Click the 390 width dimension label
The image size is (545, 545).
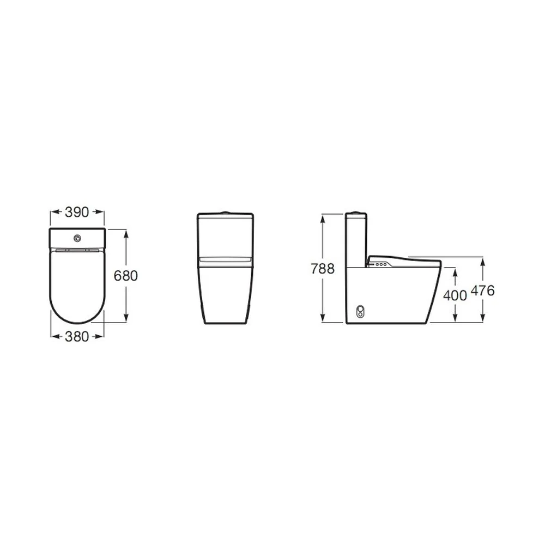coord(77,212)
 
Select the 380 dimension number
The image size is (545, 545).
coord(77,336)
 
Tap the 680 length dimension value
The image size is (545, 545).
coord(126,276)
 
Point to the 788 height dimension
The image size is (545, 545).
coord(323,269)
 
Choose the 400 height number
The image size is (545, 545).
coord(455,295)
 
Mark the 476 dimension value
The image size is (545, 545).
coord(482,290)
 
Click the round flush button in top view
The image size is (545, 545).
coord(77,239)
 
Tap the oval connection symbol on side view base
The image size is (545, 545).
coord(361,311)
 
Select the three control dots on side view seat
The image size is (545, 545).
coord(381,264)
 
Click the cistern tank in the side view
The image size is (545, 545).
coord(356,240)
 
